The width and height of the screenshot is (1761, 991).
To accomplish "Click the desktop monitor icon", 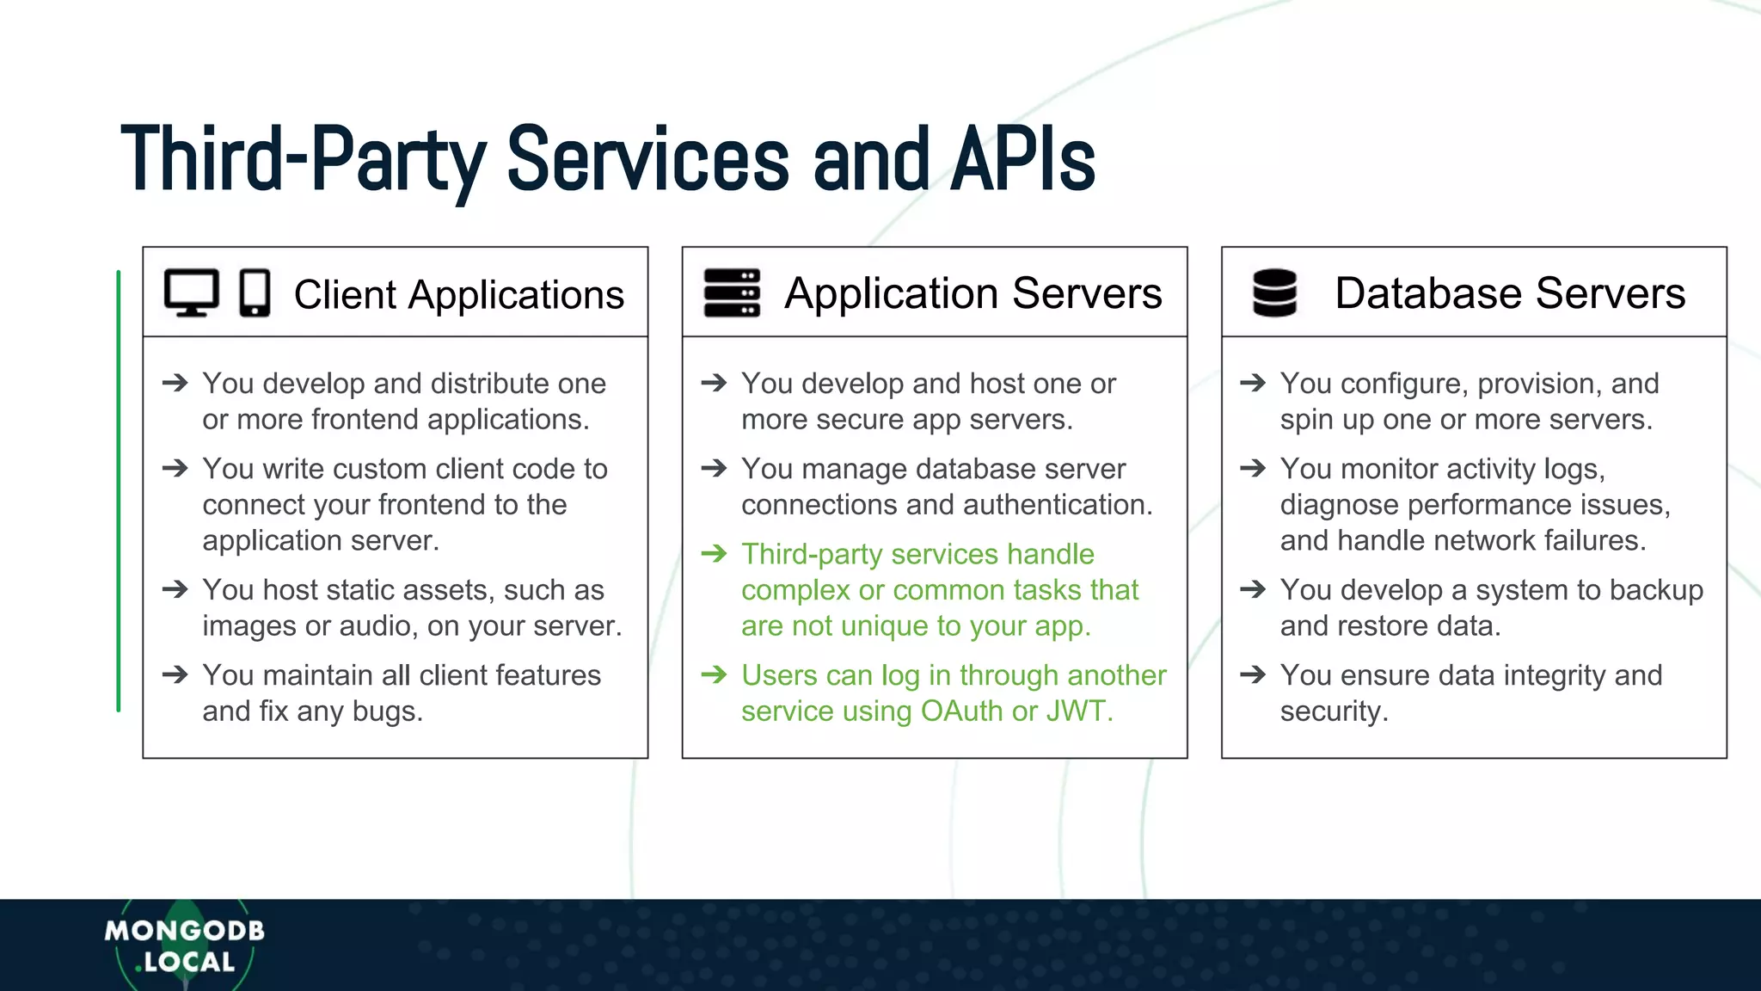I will pyautogui.click(x=191, y=292).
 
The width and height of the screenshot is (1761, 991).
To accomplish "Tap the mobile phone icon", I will pyautogui.click(x=255, y=293).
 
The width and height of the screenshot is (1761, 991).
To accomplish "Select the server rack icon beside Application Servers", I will pyautogui.click(x=732, y=292).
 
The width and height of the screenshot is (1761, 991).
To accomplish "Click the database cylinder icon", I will pyautogui.click(x=1274, y=292).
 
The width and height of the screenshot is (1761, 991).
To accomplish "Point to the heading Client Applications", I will pyautogui.click(x=458, y=294).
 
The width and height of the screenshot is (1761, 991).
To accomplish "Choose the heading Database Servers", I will pyautogui.click(x=1509, y=293).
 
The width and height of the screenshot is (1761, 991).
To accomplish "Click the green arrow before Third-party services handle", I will pyautogui.click(x=714, y=554).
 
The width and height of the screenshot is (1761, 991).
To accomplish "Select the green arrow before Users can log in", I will pyautogui.click(x=714, y=675).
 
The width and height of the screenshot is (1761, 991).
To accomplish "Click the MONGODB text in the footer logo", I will pyautogui.click(x=184, y=931).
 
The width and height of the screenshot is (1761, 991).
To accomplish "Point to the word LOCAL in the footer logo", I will pyautogui.click(x=189, y=963).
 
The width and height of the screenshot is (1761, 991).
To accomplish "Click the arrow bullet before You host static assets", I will pyautogui.click(x=175, y=590).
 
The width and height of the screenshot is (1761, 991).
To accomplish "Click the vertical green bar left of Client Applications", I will pyautogui.click(x=119, y=491).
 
